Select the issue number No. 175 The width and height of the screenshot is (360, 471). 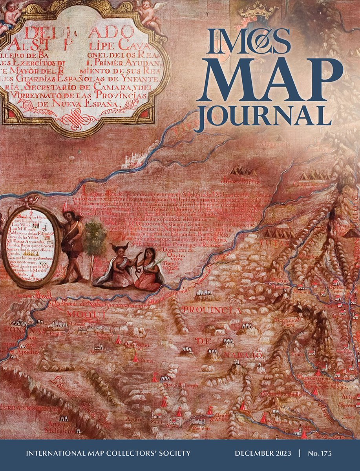(x=320, y=453)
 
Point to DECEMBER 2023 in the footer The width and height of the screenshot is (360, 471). (x=263, y=453)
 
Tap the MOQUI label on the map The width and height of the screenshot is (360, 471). (x=82, y=314)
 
